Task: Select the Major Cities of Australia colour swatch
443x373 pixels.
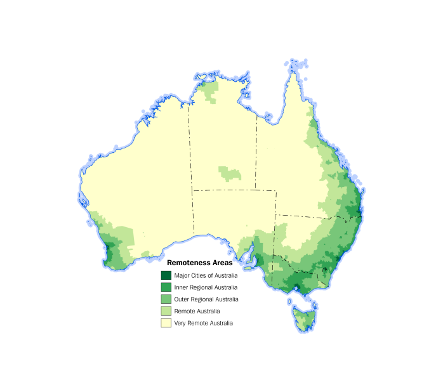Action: [166, 275]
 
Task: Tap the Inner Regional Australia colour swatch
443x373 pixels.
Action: [166, 287]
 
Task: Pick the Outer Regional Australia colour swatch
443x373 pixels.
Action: [166, 299]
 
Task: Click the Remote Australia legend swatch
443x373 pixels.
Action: [166, 311]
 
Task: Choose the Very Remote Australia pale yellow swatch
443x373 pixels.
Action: [166, 324]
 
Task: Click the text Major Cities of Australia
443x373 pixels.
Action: [206, 275]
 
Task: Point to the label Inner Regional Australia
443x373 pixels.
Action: [206, 287]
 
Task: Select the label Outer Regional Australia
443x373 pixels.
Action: [206, 299]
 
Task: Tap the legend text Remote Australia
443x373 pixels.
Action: [197, 311]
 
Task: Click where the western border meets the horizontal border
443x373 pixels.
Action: [193, 190]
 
